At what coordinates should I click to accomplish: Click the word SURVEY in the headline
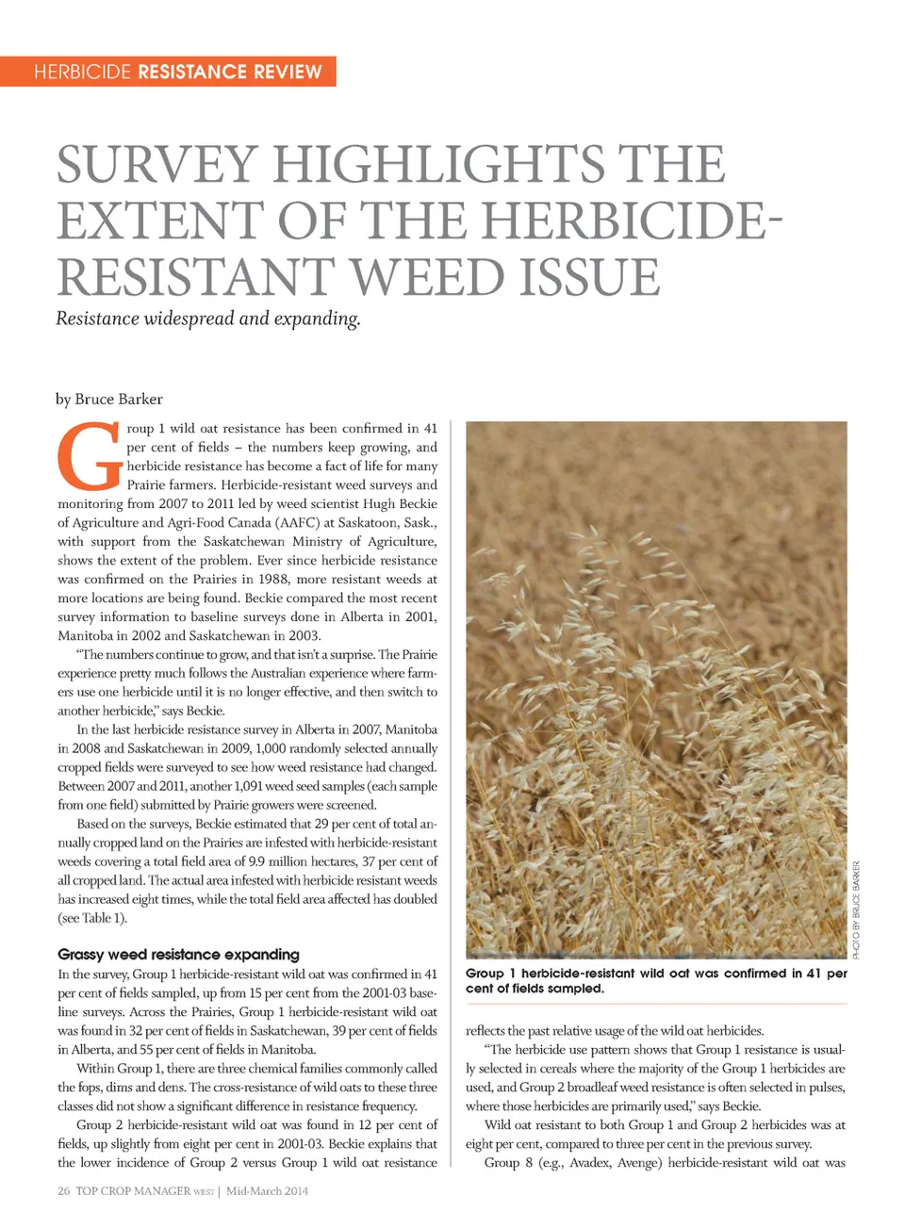[156, 165]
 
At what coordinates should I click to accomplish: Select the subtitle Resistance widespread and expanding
[207, 319]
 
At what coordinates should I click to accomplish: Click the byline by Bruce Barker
[109, 399]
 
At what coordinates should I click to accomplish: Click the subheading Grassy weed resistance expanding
[178, 954]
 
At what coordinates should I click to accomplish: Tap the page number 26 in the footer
[63, 1191]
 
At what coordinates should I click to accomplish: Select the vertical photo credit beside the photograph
[856, 909]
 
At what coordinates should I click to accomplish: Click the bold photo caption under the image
[656, 980]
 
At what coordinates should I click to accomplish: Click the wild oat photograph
[656, 688]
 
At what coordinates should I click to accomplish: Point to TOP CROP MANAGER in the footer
[133, 1191]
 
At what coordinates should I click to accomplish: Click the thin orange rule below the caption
[656, 1005]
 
